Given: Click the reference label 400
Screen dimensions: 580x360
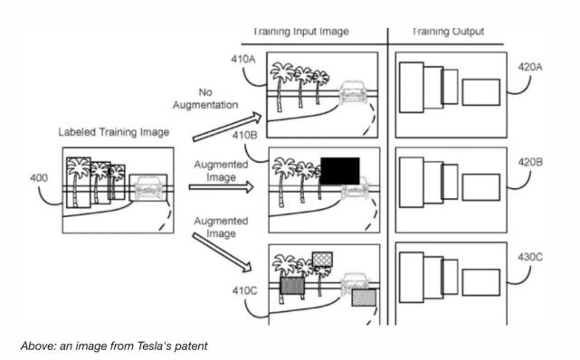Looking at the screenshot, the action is point(39,178).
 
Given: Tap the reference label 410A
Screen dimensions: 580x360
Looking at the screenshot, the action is point(243,59).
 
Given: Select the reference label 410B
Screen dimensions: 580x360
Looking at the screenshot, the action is point(244,136).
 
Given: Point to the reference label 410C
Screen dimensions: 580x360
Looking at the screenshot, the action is point(244,291).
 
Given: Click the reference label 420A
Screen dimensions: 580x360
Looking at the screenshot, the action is point(530,67).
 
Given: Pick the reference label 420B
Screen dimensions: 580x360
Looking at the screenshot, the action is point(530,162).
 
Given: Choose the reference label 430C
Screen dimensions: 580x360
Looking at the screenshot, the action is point(530,257).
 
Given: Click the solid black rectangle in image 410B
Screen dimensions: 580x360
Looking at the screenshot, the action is point(340,171).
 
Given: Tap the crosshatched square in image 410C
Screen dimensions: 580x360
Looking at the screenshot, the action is point(322,259).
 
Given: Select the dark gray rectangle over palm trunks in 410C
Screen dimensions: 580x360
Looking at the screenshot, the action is point(292,286).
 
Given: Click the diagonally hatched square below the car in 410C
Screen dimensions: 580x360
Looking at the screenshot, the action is point(364,298).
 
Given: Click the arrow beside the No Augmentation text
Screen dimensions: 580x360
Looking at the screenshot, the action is point(227,128).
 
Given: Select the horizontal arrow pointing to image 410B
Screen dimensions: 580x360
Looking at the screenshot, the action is point(221,187).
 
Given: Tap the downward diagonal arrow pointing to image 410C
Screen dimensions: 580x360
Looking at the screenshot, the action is point(222,252).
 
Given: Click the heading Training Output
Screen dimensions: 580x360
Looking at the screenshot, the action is point(448,32).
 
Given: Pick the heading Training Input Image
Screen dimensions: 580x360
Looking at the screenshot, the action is point(300,32).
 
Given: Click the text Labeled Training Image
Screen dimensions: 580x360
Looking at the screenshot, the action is point(114,132).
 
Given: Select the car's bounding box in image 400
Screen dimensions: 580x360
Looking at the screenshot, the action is point(148,188).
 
